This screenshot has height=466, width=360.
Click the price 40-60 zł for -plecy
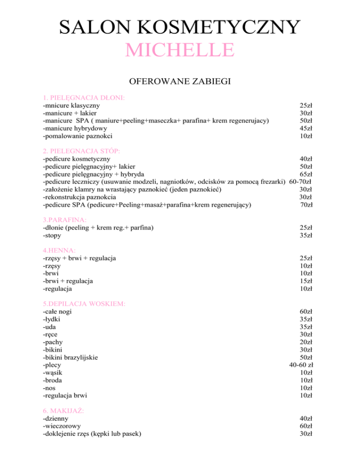coord(301,365)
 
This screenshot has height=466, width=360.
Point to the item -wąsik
coord(52,372)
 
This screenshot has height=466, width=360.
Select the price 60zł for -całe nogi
coord(307,311)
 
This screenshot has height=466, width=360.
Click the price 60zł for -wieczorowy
coord(307,426)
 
